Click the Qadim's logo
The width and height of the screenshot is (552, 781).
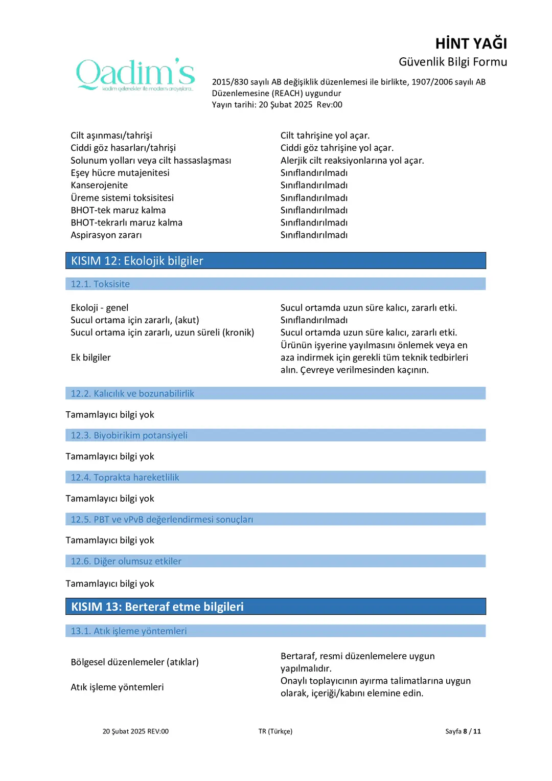tap(135, 75)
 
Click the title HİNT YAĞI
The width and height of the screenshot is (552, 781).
tap(471, 43)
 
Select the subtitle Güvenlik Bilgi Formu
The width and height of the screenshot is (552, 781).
tap(452, 62)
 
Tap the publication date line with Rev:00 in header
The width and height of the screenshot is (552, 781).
tap(277, 105)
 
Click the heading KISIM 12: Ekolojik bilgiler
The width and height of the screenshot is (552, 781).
tap(137, 261)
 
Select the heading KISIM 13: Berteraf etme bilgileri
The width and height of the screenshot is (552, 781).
tap(157, 607)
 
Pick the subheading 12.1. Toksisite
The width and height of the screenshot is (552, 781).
tap(100, 284)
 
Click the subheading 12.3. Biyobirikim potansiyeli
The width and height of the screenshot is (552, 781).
tap(129, 435)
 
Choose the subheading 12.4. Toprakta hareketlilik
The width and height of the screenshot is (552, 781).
tap(125, 477)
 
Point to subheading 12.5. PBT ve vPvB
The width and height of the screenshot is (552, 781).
tap(162, 519)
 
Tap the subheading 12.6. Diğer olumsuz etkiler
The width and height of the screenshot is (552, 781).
tap(126, 561)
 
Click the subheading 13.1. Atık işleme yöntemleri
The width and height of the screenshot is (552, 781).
tap(128, 631)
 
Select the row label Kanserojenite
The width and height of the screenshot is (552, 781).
tap(99, 185)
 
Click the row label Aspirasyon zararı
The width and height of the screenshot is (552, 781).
tap(106, 235)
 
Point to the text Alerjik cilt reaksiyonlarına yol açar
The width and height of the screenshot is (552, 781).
tap(352, 161)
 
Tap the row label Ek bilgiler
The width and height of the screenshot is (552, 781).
tap(90, 358)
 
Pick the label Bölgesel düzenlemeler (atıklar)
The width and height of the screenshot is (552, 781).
tap(134, 662)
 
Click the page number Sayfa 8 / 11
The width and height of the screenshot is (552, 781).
tap(463, 731)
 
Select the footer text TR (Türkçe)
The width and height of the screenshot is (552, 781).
tap(275, 731)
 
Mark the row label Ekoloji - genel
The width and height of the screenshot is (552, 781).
tap(100, 308)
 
